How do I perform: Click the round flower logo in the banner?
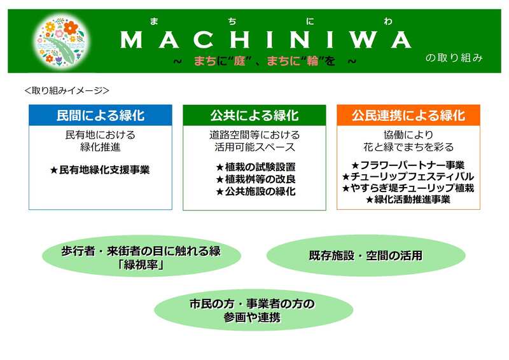[61, 41]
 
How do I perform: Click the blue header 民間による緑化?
[101, 115]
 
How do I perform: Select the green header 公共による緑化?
[254, 115]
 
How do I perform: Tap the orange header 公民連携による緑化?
[408, 115]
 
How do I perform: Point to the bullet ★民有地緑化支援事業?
[100, 170]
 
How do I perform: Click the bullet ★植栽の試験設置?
[256, 167]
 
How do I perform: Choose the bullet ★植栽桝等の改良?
[256, 179]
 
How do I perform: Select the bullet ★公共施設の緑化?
[256, 191]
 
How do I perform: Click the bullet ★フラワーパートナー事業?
[408, 165]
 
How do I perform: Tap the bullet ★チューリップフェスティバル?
[408, 177]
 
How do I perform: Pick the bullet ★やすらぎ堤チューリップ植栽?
[408, 188]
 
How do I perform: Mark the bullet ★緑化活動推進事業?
[408, 199]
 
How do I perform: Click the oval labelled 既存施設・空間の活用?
[366, 256]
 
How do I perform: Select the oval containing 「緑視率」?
[141, 256]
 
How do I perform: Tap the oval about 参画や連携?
[253, 310]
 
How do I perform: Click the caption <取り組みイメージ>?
[67, 90]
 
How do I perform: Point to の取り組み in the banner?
[454, 58]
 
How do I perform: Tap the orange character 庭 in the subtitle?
[240, 60]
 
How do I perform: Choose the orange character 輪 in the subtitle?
[312, 60]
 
